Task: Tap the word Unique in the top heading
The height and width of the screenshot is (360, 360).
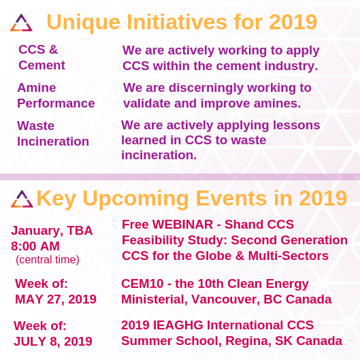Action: [x=83, y=22]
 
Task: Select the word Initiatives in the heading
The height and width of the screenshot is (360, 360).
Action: [x=177, y=22]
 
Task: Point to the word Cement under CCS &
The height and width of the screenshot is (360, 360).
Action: [x=42, y=65]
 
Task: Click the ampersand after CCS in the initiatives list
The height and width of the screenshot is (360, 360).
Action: [x=53, y=50]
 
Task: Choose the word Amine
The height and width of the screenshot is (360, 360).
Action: [x=37, y=88]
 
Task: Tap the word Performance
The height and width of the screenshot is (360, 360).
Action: [x=56, y=103]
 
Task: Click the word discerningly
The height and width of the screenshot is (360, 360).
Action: [x=206, y=88]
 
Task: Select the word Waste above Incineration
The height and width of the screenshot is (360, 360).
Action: [x=35, y=126]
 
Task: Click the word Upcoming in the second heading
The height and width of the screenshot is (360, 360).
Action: [x=135, y=199]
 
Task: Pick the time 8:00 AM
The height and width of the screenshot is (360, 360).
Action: [x=35, y=246]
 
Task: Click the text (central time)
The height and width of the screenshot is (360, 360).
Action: [x=48, y=260]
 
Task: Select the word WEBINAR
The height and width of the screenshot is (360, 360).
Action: [x=182, y=225]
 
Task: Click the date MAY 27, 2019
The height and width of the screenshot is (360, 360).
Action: [x=56, y=299]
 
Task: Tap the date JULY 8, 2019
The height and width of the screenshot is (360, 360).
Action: [x=53, y=342]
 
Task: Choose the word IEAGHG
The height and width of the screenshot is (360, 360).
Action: [x=178, y=325]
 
